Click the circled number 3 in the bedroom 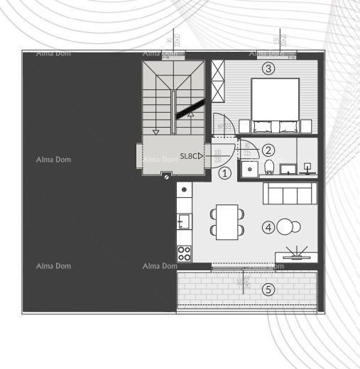pos(268,69)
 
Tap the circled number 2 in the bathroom pos(268,150)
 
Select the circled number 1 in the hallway pos(225,172)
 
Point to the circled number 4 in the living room pos(268,228)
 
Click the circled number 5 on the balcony pos(268,289)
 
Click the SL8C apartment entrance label pos(190,156)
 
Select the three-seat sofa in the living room pos(290,193)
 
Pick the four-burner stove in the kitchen pos(184,253)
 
